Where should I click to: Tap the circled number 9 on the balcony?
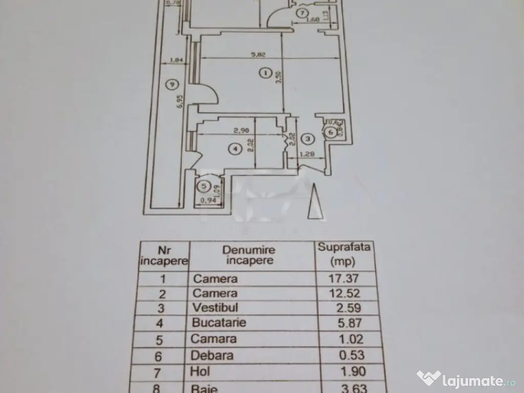(172, 84)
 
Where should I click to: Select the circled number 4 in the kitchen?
(234, 149)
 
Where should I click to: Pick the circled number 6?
(331, 132)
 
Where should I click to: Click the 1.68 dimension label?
(313, 21)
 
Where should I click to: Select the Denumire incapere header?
(249, 255)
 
